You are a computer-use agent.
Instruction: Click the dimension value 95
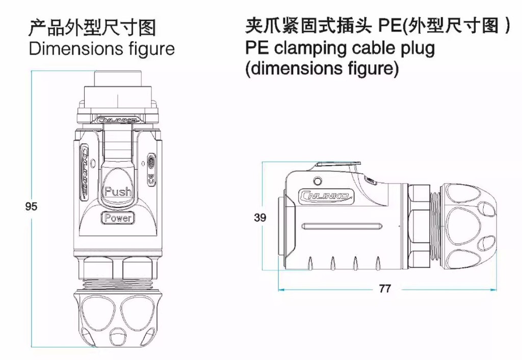pyautogui.click(x=31, y=207)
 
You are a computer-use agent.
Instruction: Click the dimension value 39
pyautogui.click(x=260, y=218)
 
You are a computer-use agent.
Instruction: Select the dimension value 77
pyautogui.click(x=385, y=289)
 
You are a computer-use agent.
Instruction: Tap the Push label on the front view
pyautogui.click(x=118, y=192)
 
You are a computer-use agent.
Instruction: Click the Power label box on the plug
pyautogui.click(x=118, y=218)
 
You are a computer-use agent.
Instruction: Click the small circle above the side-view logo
pyautogui.click(x=319, y=181)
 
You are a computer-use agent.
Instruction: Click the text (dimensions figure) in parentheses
pyautogui.click(x=322, y=68)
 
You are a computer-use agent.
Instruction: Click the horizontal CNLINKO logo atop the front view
pyautogui.click(x=117, y=120)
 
